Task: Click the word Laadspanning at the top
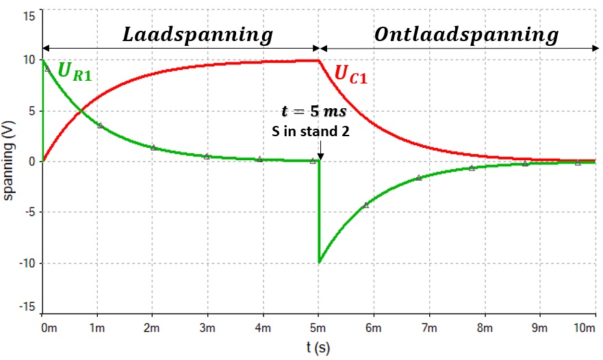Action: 198,34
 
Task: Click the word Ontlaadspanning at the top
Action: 466,34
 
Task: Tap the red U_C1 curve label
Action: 350,75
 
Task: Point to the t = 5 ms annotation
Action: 313,112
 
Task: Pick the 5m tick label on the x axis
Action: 318,329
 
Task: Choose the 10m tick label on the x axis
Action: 584,329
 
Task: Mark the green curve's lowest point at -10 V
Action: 319,262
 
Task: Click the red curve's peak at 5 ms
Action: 318,60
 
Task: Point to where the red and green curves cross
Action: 81,111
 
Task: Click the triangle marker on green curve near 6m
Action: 366,205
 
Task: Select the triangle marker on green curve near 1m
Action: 101,125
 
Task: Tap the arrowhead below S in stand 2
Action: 320,158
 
